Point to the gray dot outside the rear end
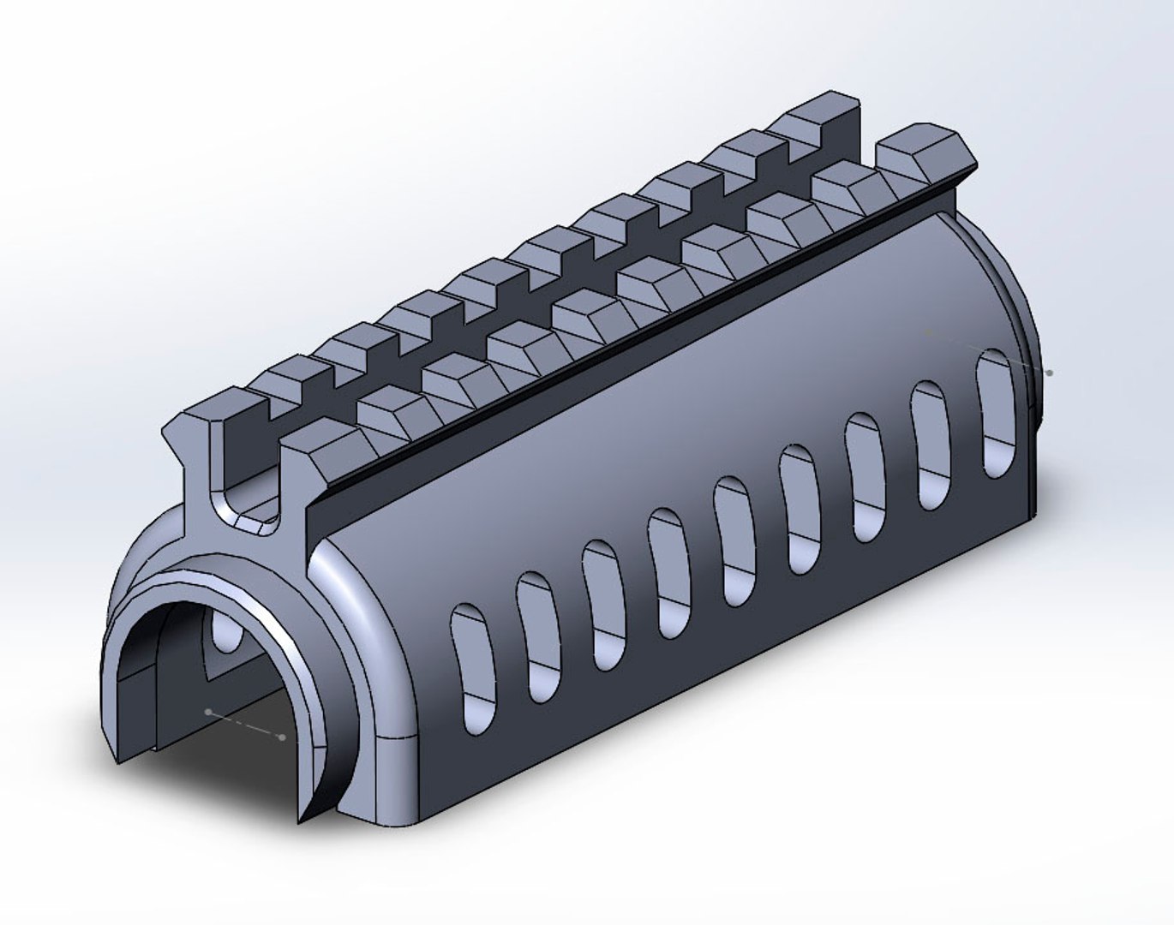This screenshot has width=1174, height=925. (1050, 373)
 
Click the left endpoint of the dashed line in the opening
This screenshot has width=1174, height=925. (208, 711)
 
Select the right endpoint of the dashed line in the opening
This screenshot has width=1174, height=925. (283, 737)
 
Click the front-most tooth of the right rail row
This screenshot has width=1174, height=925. (317, 445)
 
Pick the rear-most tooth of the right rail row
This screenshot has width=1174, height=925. (925, 146)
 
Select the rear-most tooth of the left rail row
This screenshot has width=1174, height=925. (823, 107)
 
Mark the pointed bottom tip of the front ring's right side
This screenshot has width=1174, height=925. (302, 818)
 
